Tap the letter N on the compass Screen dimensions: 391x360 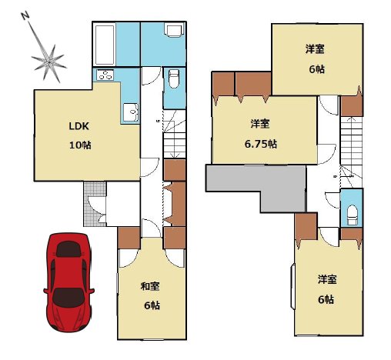click(25, 16)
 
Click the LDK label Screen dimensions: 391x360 click(79, 126)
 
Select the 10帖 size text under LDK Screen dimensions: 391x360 click(80, 145)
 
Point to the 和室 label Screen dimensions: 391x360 click(150, 286)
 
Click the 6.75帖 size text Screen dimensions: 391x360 click(261, 144)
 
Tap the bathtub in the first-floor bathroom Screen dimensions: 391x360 click(105, 45)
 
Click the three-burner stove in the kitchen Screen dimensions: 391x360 click(105, 75)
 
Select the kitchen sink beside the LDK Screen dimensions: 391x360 click(131, 112)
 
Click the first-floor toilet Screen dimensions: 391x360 click(174, 78)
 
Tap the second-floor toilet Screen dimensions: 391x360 click(352, 215)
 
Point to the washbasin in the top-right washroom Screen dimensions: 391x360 click(175, 30)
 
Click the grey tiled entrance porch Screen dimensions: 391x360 click(95, 204)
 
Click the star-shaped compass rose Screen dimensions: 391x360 click(48, 62)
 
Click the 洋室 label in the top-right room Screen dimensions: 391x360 click(315, 49)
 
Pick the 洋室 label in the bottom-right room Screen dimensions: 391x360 click(327, 279)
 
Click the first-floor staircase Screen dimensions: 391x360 click(175, 134)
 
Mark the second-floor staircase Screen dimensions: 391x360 click(351, 152)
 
